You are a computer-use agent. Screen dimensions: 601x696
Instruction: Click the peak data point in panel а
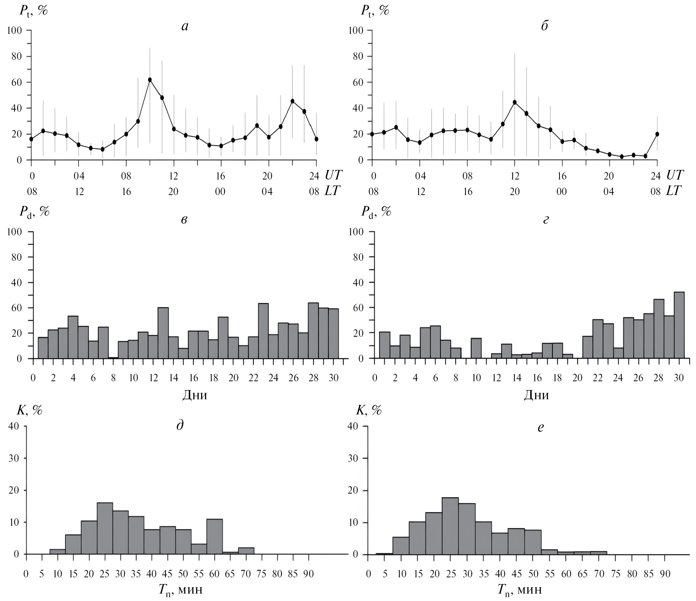[150, 80]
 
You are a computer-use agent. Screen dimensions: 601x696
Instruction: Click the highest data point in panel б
[515, 102]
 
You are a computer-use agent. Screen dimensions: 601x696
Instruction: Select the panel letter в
[184, 220]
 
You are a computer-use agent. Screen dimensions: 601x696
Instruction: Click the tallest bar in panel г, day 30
[679, 325]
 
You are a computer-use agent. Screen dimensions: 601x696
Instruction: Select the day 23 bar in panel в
[263, 331]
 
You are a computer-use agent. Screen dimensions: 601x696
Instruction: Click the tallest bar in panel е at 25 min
[450, 526]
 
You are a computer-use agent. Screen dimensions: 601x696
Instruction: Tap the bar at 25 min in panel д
[105, 529]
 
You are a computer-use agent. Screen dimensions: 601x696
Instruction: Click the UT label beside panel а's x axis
[333, 175]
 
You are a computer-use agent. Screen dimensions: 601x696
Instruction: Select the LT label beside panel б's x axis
[674, 191]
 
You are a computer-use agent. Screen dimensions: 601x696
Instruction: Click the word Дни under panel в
[195, 395]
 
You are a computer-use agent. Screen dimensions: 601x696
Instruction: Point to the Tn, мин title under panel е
[520, 590]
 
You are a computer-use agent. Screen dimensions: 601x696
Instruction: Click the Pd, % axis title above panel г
[376, 212]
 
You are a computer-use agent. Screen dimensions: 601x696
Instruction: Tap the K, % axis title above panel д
[30, 410]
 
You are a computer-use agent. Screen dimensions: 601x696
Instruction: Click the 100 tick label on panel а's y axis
[14, 31]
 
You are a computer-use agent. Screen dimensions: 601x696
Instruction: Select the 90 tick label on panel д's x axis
[309, 573]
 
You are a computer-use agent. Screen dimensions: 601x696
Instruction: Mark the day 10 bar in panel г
[476, 348]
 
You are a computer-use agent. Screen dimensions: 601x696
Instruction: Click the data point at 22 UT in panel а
[292, 101]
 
